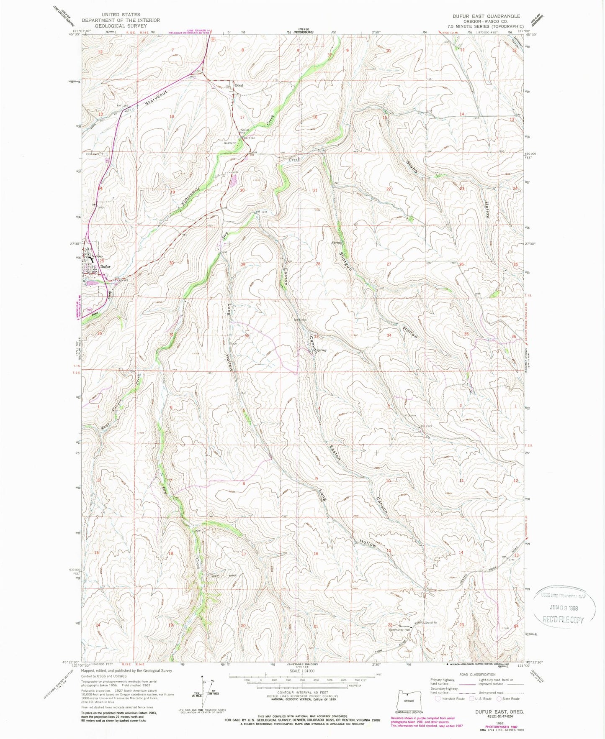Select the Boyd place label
[239, 85]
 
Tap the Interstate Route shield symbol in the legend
[438, 698]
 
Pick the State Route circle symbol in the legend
[499, 698]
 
